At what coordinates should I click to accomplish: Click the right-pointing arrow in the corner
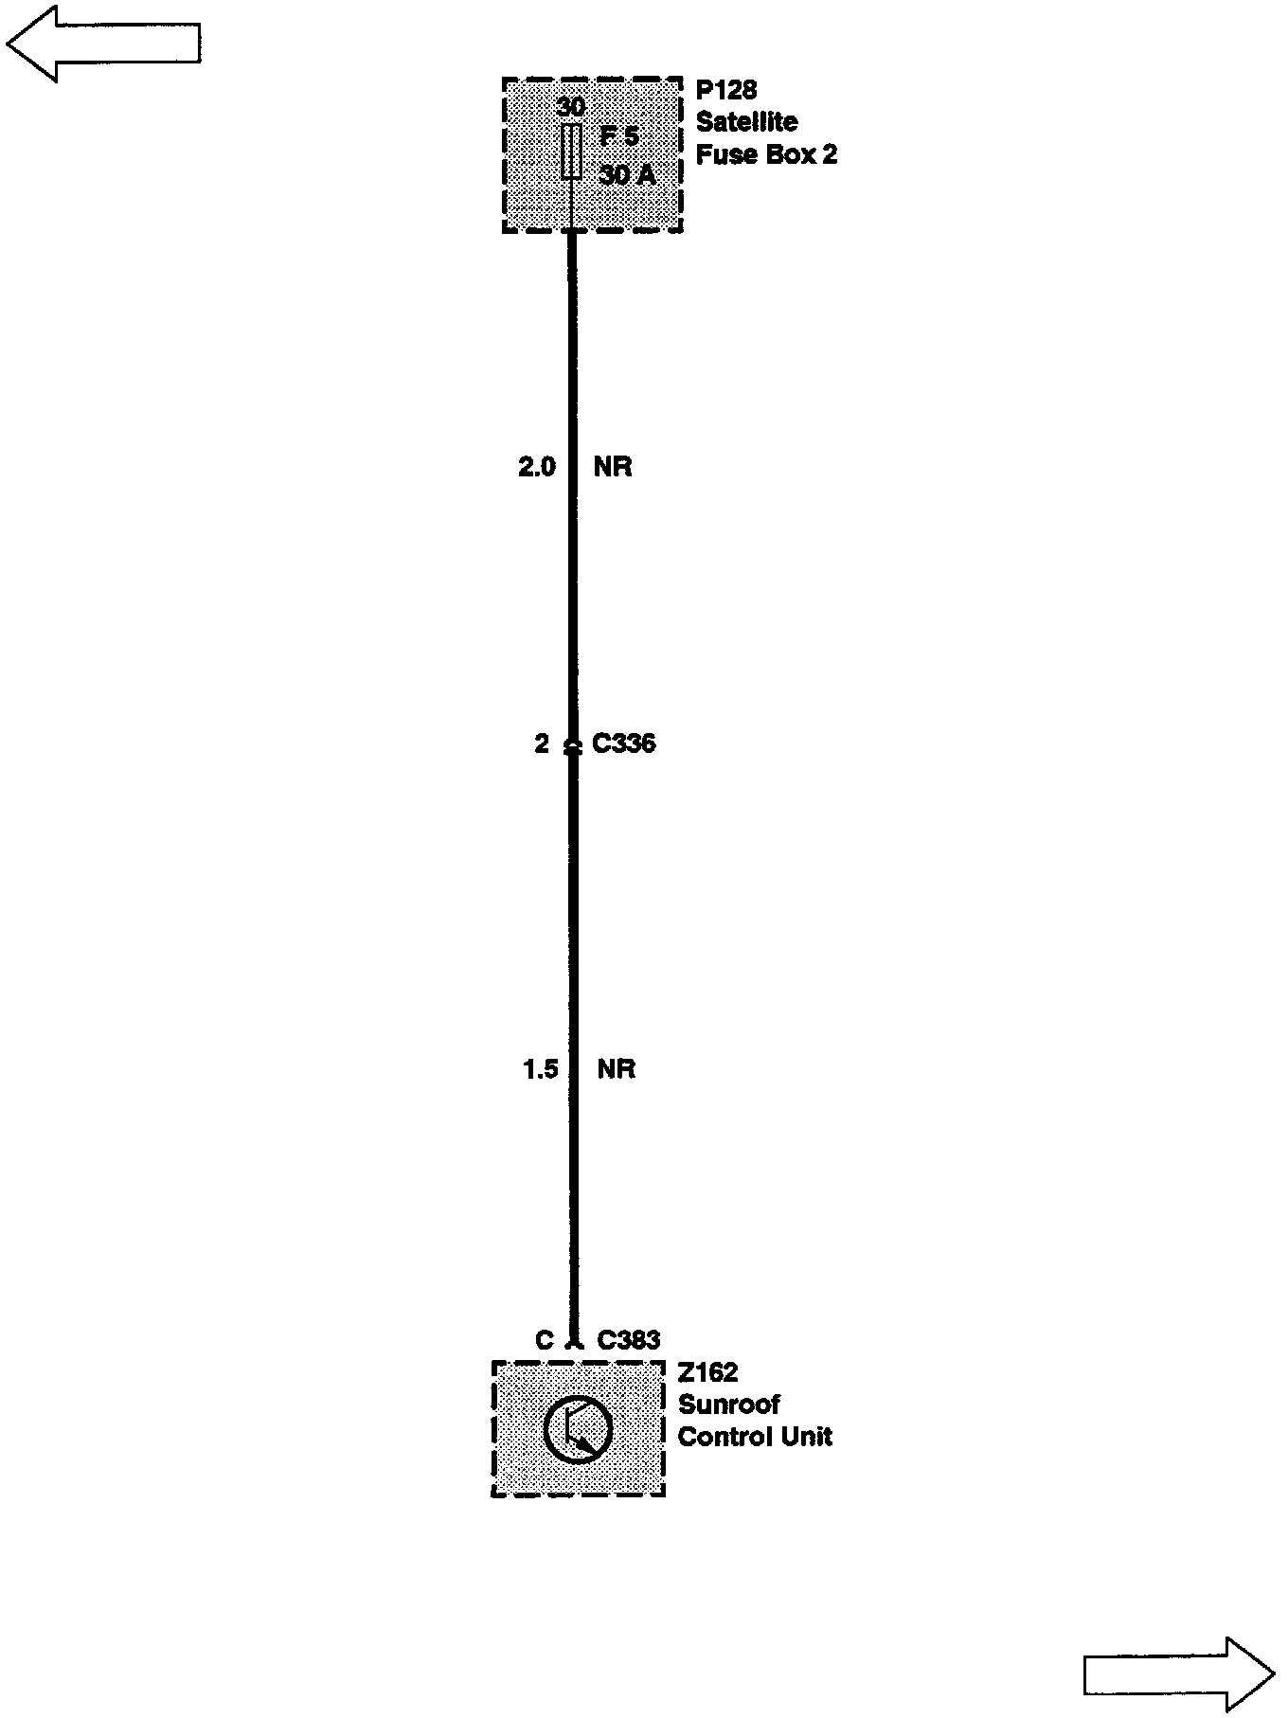tap(1179, 1673)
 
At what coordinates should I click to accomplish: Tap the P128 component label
tap(726, 90)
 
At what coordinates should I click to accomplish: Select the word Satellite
tap(746, 122)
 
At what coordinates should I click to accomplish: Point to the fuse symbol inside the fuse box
tap(571, 152)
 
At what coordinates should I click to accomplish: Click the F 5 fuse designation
tap(619, 136)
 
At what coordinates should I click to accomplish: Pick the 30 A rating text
tap(627, 175)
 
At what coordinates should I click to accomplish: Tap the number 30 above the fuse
tap(571, 106)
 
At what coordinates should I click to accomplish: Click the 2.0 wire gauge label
tap(537, 467)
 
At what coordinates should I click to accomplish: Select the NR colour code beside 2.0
tap(613, 467)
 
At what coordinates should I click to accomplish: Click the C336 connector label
tap(623, 743)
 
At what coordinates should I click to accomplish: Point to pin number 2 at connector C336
tap(542, 743)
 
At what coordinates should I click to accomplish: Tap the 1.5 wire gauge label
tap(540, 1069)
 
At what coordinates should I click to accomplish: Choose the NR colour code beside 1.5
tap(616, 1069)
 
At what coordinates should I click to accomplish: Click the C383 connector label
tap(628, 1339)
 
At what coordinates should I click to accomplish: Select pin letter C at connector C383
tap(544, 1339)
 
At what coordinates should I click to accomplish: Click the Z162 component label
tap(707, 1372)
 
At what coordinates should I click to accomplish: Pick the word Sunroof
tap(728, 1405)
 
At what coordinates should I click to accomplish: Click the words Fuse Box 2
tap(766, 154)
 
